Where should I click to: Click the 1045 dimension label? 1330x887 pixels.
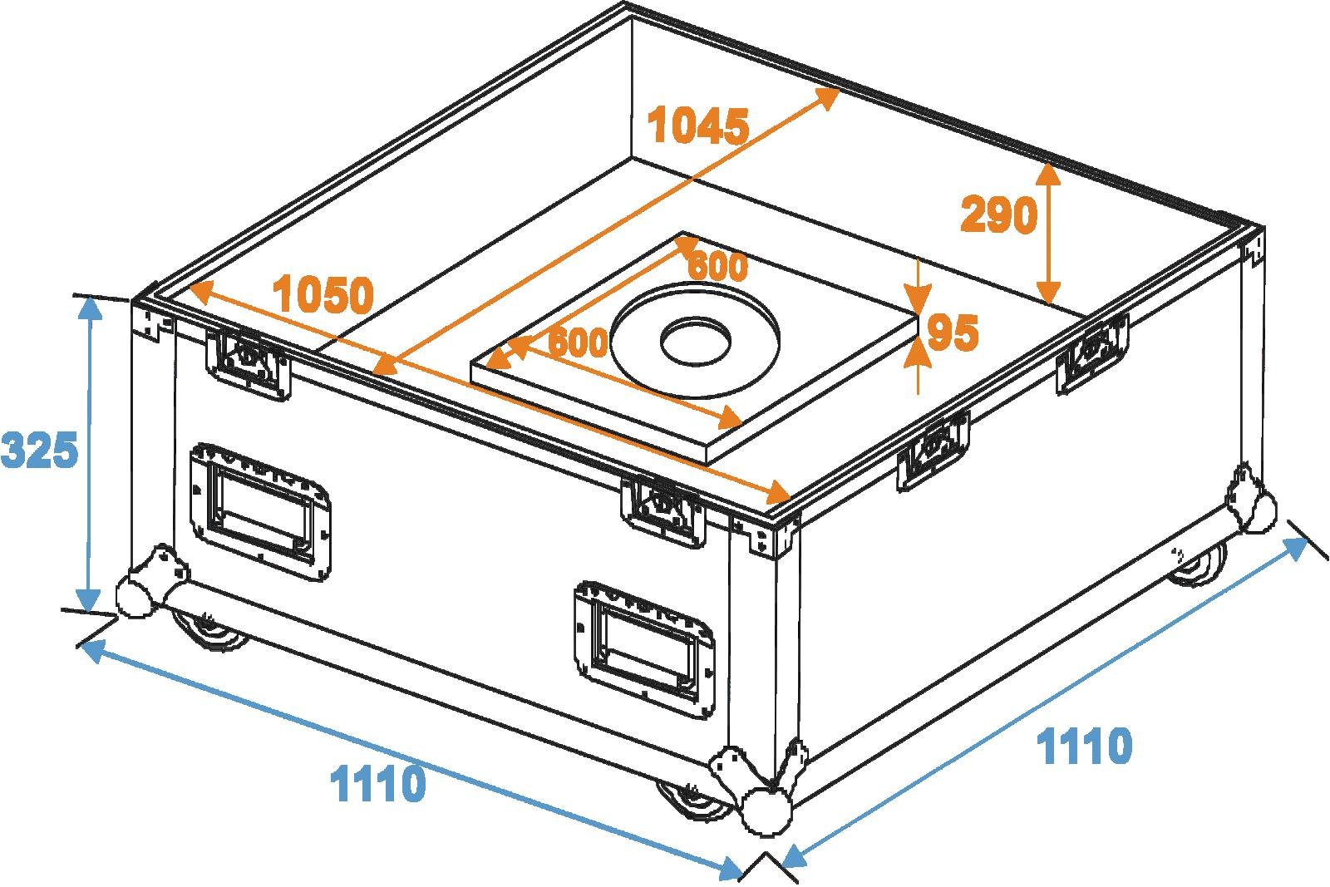(699, 126)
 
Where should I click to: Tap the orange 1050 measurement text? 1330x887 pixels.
(324, 295)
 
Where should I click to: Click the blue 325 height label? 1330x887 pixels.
(40, 451)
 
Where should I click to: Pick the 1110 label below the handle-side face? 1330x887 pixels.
(378, 783)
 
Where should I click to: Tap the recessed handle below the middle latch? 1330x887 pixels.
(643, 640)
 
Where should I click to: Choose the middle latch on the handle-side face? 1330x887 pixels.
(663, 509)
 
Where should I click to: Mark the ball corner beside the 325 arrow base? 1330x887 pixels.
(135, 594)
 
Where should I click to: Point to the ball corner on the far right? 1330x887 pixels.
(1252, 505)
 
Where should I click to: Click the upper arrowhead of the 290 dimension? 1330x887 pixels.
(1049, 173)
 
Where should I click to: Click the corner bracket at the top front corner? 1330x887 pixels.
(769, 532)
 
